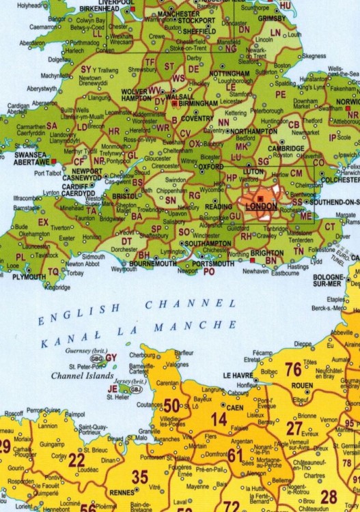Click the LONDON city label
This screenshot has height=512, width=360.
[260, 206]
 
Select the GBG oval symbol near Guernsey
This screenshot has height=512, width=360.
[97, 358]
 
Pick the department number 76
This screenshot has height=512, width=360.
[293, 369]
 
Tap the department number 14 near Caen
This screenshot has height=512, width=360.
[220, 418]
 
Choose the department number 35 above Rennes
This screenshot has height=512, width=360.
[139, 477]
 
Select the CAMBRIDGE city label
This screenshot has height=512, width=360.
[286, 149]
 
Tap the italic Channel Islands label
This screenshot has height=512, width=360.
[76, 375]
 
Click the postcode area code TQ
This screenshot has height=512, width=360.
[53, 271]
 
